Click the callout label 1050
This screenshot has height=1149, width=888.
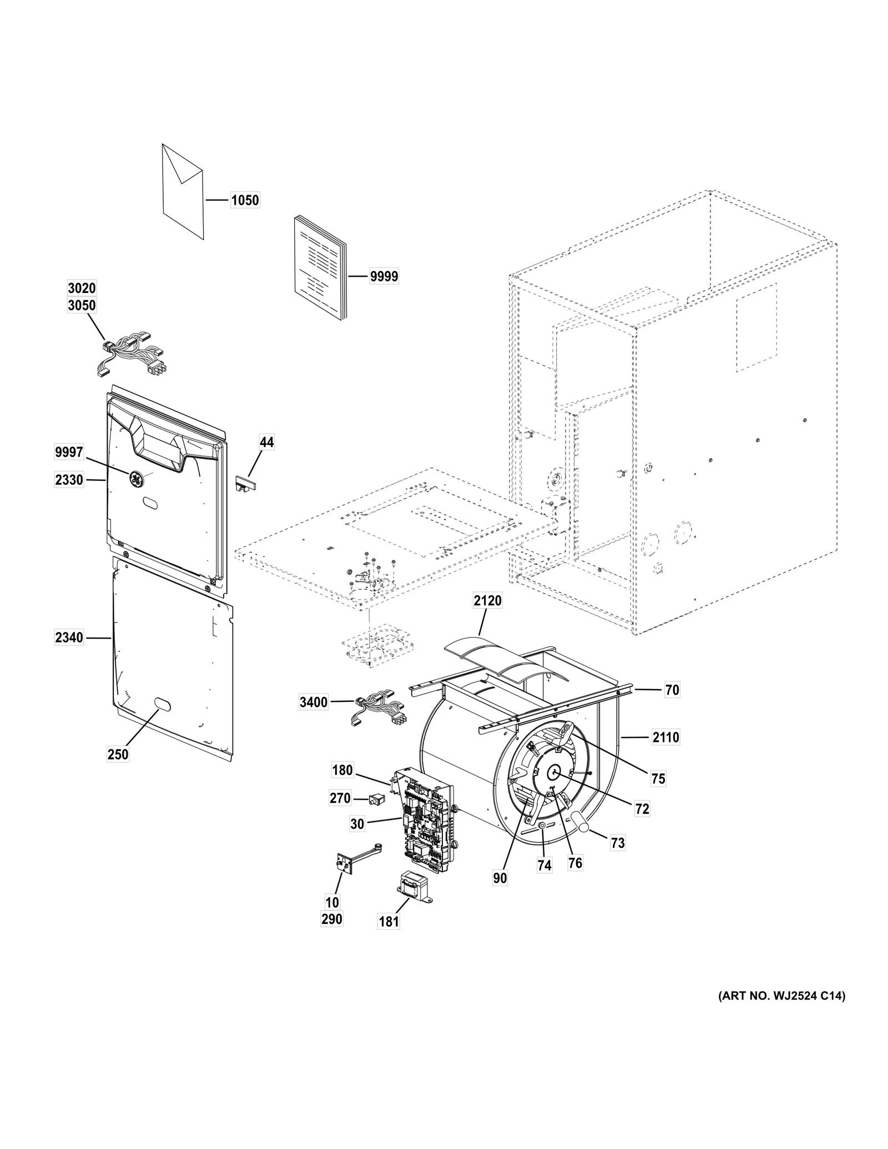245,200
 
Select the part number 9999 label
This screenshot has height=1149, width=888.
384,276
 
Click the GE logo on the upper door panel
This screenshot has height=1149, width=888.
136,477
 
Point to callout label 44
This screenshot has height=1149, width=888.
266,442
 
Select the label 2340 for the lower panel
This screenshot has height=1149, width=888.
69,638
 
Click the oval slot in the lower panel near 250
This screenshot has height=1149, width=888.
162,703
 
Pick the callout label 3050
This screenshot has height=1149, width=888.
82,306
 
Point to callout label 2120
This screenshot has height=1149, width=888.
487,600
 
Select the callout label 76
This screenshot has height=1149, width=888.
575,863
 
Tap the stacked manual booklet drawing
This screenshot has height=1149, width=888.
319,269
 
